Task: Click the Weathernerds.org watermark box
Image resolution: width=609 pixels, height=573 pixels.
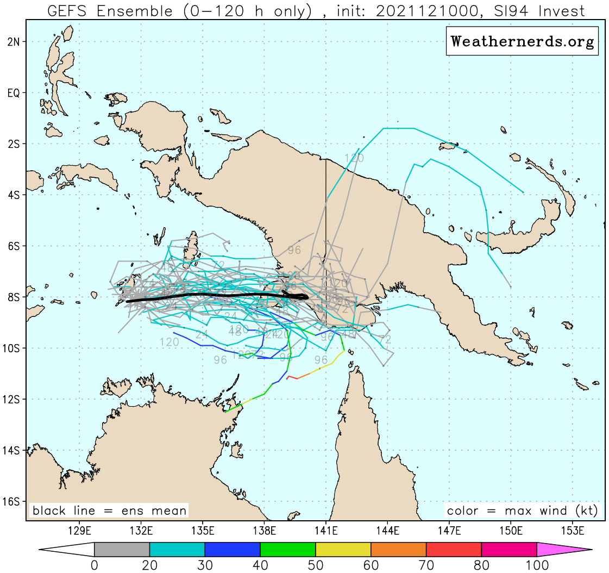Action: coord(522,41)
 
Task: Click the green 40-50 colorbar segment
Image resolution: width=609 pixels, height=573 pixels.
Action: coord(288,550)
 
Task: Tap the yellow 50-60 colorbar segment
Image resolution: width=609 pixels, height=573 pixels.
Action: coord(343,550)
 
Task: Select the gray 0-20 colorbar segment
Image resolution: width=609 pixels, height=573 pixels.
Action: coord(122,550)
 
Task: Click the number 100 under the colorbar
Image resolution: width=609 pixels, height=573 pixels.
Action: coord(537,565)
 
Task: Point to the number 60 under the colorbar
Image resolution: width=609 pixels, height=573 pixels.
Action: coord(371,565)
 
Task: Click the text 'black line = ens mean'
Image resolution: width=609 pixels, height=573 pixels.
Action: coord(109,510)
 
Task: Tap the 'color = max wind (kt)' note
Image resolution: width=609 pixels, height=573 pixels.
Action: coord(522,510)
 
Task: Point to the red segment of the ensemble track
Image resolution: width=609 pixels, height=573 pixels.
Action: coord(292,377)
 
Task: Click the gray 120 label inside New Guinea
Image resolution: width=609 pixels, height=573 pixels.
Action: coord(354,159)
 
